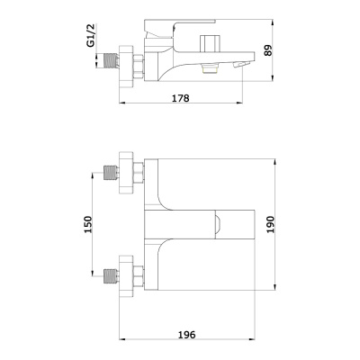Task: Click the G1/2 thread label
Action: click(x=91, y=35)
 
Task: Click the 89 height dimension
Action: click(x=267, y=50)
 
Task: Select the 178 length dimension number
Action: click(x=180, y=98)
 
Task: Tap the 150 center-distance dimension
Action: click(x=87, y=224)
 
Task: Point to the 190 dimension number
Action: click(x=270, y=224)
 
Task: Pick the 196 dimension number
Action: click(x=186, y=335)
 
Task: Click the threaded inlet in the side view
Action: click(x=110, y=61)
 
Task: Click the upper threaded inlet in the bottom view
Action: click(x=110, y=173)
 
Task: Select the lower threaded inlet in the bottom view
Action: click(x=110, y=276)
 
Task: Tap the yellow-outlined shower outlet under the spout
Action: click(x=211, y=68)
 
